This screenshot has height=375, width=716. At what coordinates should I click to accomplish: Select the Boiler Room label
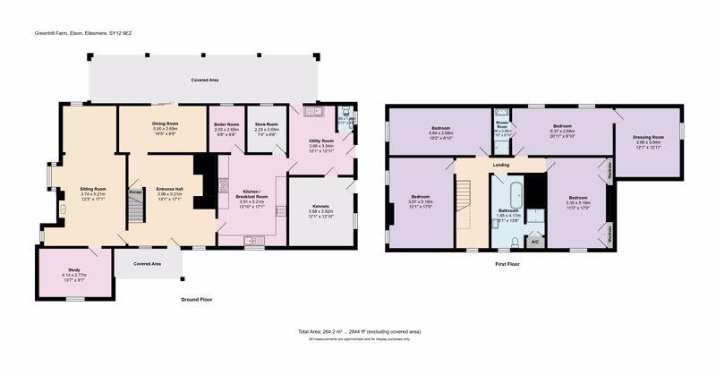point(226,124)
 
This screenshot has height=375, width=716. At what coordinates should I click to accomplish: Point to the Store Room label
point(266,124)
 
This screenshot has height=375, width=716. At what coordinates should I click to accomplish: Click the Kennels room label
point(320,205)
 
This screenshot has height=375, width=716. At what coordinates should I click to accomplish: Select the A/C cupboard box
point(534,242)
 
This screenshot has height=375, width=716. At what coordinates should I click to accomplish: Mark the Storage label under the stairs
point(136,192)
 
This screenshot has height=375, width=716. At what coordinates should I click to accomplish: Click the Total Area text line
point(359,331)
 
